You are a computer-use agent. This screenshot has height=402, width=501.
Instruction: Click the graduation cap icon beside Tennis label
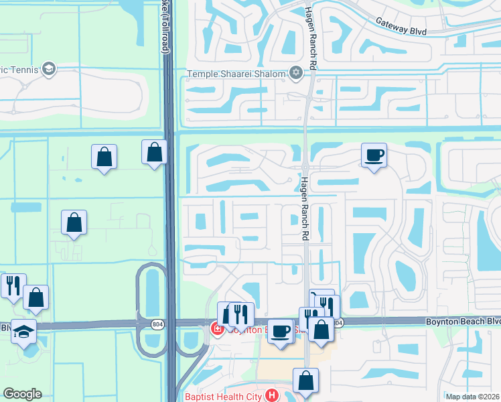click(x=48, y=68)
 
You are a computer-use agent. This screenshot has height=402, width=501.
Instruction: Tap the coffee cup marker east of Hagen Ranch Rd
click(x=374, y=155)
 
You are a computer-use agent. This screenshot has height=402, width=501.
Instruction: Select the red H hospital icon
click(x=271, y=395)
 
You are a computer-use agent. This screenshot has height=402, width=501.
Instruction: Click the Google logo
click(x=21, y=394)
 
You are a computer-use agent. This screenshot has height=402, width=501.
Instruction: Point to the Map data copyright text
click(x=473, y=397)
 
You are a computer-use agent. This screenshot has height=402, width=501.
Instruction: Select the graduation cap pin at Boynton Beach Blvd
click(x=24, y=332)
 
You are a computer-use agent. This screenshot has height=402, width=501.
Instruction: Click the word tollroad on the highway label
click(x=165, y=34)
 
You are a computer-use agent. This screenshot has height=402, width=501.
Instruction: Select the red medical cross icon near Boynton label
click(x=217, y=328)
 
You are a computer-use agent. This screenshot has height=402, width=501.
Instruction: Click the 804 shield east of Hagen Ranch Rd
click(x=338, y=323)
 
